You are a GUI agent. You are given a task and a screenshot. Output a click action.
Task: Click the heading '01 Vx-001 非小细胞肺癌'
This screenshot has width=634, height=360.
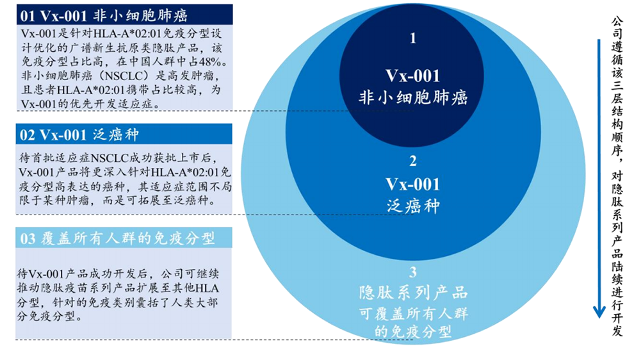(104, 16)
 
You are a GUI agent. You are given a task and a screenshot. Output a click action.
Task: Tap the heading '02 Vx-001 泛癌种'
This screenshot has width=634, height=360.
(79, 135)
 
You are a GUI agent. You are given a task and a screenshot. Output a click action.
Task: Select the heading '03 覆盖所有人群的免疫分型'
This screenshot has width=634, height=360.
(117, 238)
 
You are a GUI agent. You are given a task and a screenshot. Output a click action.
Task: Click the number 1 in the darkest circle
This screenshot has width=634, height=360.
(412, 38)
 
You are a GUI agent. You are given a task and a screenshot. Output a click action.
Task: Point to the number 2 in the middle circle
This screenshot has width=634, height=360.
(412, 161)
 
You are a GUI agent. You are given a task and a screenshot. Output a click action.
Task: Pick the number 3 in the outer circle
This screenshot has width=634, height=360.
(412, 272)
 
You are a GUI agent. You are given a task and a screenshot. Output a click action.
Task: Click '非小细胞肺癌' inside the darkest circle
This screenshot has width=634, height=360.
(413, 97)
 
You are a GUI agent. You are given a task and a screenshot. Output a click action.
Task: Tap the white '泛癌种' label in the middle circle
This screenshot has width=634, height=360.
(413, 206)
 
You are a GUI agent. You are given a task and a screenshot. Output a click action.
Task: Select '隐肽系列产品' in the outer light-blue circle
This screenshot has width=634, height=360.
(413, 293)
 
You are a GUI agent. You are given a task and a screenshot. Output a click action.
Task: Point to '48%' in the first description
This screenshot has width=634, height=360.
(213, 62)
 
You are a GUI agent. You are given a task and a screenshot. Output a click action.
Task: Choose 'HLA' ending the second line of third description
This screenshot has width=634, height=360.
(207, 288)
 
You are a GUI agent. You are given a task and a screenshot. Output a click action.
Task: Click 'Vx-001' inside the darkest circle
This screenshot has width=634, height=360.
(412, 76)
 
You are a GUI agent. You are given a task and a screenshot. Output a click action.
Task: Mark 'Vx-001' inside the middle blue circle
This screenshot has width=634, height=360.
(412, 184)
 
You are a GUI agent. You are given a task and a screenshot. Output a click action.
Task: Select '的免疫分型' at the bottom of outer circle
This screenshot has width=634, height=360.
(413, 332)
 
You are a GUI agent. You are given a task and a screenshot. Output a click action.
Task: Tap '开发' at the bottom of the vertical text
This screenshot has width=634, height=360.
(617, 324)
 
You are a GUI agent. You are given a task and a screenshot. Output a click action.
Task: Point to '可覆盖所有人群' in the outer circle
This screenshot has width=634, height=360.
(413, 313)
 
